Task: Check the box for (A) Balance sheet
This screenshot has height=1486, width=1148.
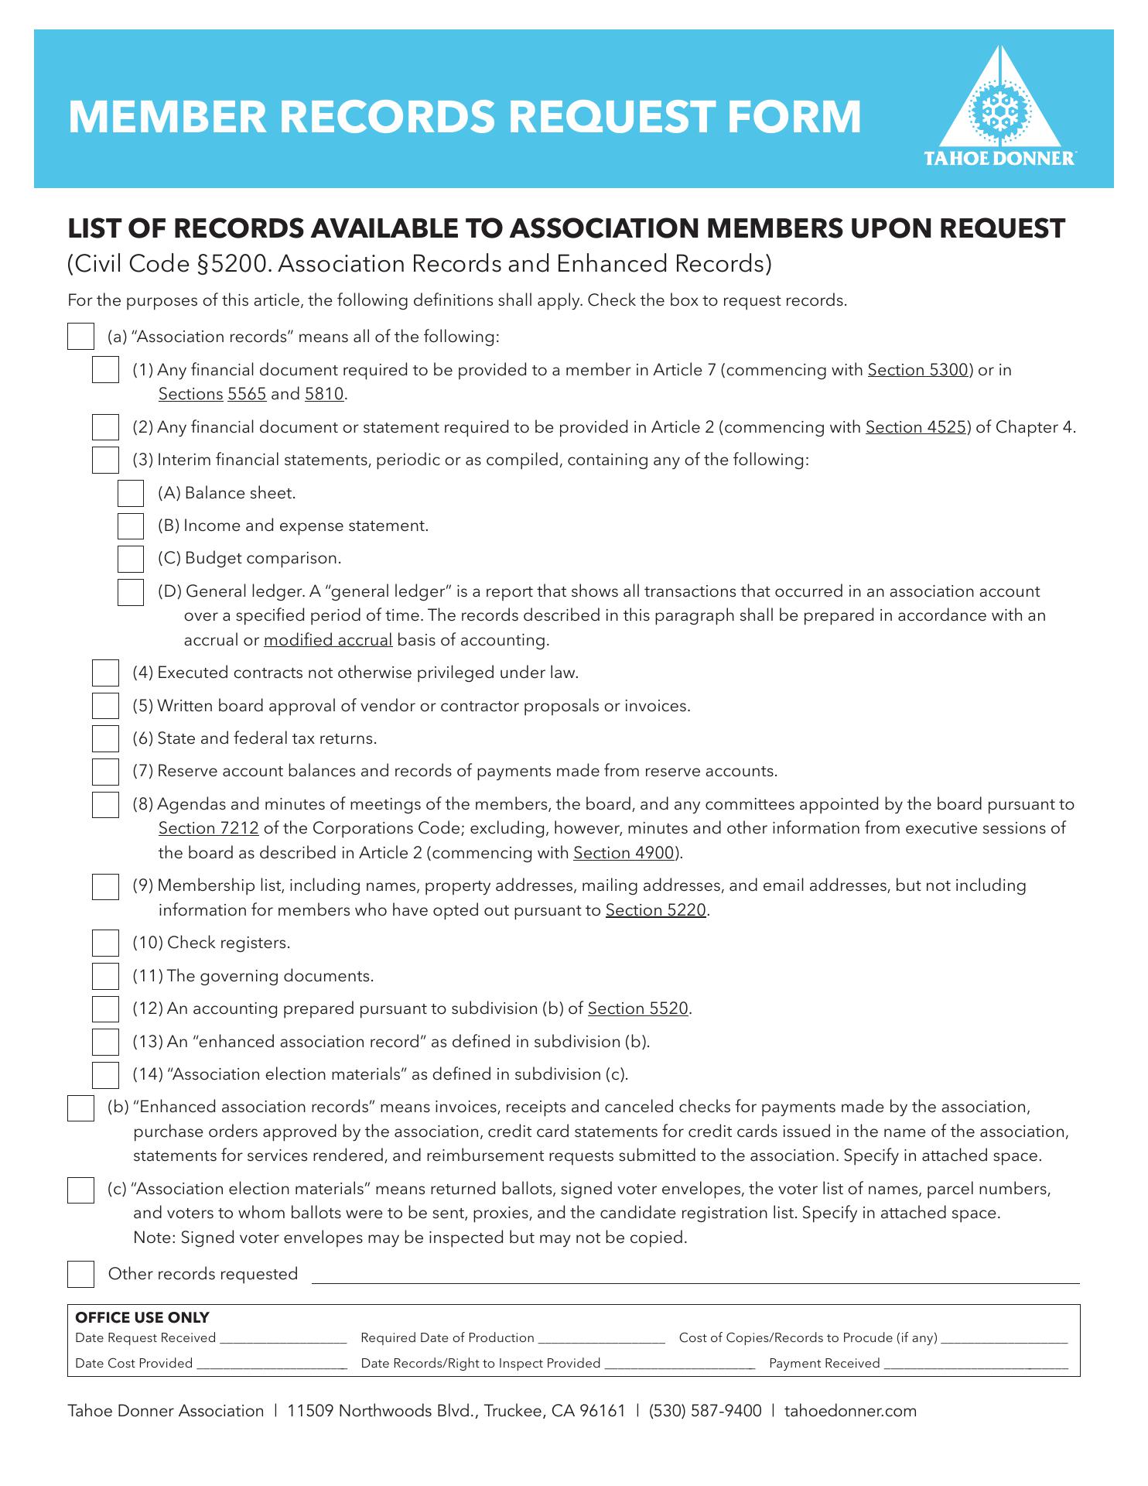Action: [131, 494]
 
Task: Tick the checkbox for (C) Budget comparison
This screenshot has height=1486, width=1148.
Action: [131, 559]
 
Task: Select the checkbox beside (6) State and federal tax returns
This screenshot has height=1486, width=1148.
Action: [105, 739]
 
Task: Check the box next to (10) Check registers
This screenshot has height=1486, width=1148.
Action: [105, 943]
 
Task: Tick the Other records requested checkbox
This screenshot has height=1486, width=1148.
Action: [80, 1275]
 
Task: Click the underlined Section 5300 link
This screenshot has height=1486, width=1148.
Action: [917, 371]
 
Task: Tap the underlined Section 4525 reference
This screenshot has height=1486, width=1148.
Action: [916, 428]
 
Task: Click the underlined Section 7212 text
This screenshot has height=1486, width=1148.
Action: [208, 829]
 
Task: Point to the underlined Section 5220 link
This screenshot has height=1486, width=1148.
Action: [655, 911]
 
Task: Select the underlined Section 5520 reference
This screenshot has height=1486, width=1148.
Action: [637, 1009]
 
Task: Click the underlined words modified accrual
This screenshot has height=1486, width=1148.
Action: [328, 641]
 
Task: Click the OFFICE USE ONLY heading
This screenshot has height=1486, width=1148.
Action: [142, 1318]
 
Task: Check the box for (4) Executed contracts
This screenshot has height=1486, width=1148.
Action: [105, 673]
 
